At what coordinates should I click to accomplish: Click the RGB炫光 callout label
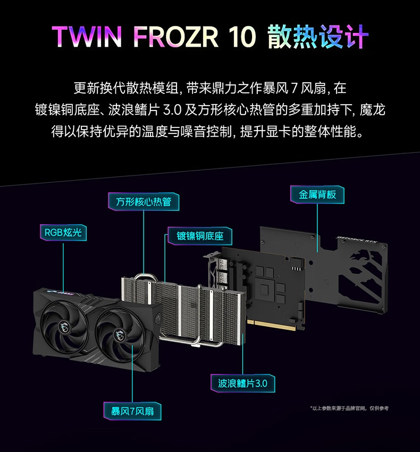(x=63, y=233)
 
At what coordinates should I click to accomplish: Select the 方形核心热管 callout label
(x=144, y=202)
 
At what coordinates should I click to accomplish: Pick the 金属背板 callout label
(x=317, y=194)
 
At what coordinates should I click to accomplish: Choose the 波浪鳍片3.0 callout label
(x=242, y=383)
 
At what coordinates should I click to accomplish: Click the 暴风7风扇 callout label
(x=132, y=411)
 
